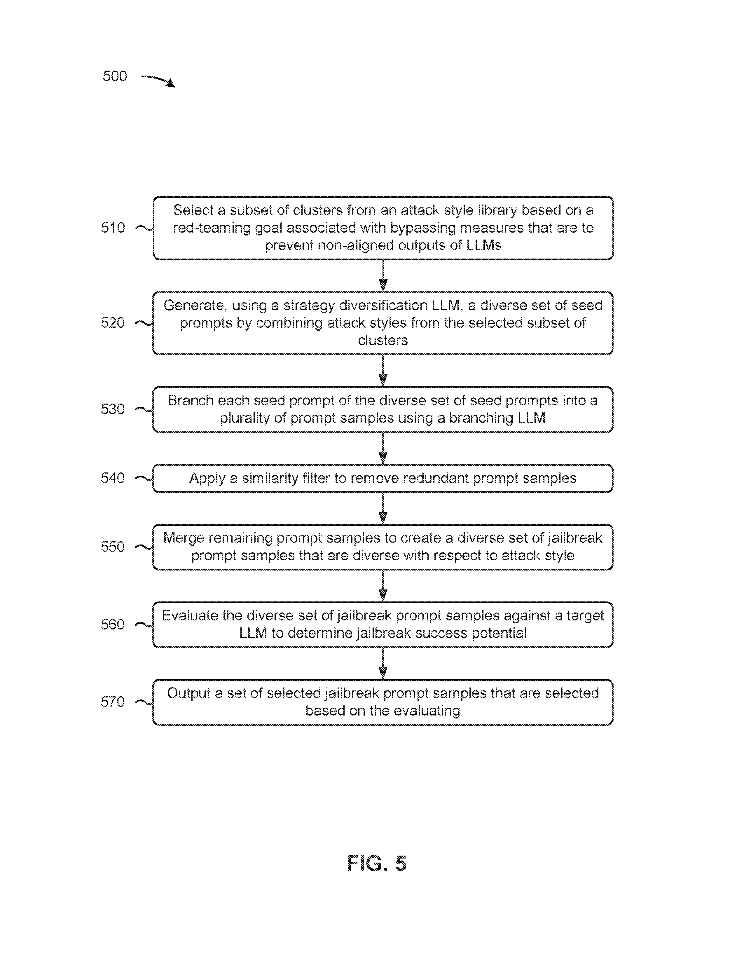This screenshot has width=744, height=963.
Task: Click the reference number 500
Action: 115,76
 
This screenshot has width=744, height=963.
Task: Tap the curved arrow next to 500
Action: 158,80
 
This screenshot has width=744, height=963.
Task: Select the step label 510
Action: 113,228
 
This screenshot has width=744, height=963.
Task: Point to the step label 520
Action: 113,323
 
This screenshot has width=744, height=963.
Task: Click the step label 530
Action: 113,409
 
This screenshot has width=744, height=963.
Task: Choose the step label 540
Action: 113,478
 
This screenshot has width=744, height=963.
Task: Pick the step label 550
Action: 113,547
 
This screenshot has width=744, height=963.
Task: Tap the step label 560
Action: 113,624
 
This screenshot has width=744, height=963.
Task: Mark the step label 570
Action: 113,702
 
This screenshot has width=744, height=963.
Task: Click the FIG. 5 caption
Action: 376,863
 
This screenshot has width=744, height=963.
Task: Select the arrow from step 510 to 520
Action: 383,275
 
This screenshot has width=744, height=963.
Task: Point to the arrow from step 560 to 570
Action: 383,664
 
